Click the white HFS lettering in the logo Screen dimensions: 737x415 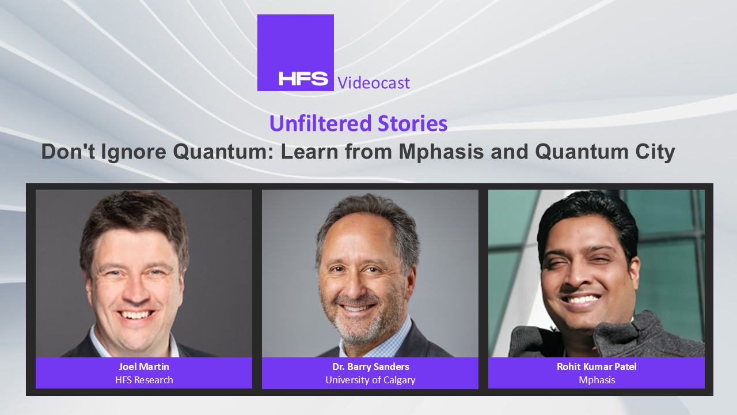click(x=303, y=78)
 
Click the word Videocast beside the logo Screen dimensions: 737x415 click(x=374, y=82)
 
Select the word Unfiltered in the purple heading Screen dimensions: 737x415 click(x=320, y=123)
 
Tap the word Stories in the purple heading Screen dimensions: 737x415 click(x=413, y=123)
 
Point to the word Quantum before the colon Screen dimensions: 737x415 click(x=222, y=152)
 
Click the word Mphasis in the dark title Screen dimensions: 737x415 click(x=441, y=152)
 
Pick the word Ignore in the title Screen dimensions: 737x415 click(x=134, y=153)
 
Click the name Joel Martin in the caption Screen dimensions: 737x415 click(x=144, y=367)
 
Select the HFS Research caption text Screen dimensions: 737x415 click(x=144, y=380)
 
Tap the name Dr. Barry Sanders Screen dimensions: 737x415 click(x=370, y=367)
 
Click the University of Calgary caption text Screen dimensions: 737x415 click(x=370, y=380)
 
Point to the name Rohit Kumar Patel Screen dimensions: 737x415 click(x=597, y=367)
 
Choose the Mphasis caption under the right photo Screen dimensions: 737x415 click(x=597, y=380)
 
